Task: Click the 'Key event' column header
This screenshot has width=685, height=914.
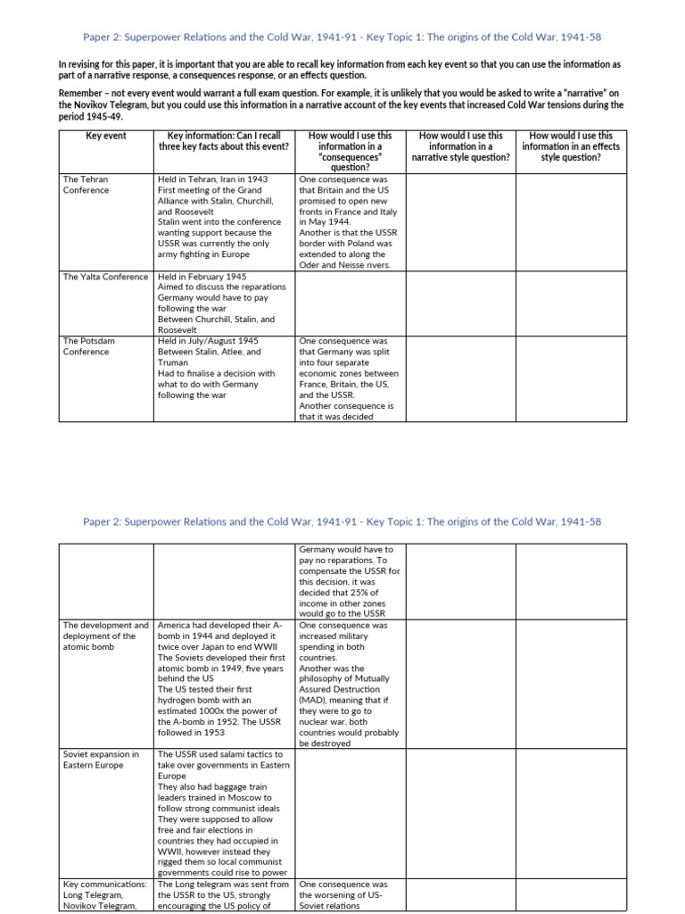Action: coord(106,136)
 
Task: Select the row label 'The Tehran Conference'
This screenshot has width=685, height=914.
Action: coord(86,185)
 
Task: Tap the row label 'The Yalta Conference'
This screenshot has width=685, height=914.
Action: coord(105,277)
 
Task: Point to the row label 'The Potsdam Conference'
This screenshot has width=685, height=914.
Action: coord(89,346)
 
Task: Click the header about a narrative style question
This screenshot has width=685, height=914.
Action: coord(460,146)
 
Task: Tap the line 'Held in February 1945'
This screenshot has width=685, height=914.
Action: coord(202,277)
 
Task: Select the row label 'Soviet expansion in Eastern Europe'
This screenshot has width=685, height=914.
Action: coord(101,760)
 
